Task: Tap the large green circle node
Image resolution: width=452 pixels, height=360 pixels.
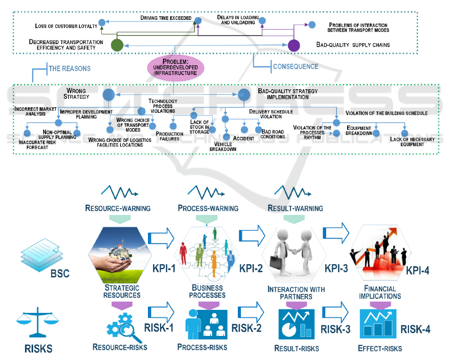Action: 117,45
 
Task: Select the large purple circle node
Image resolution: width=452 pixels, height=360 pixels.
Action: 294,45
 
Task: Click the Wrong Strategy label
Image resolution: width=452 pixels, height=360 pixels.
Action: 76,94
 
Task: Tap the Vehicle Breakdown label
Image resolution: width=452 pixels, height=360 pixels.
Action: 223,146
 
